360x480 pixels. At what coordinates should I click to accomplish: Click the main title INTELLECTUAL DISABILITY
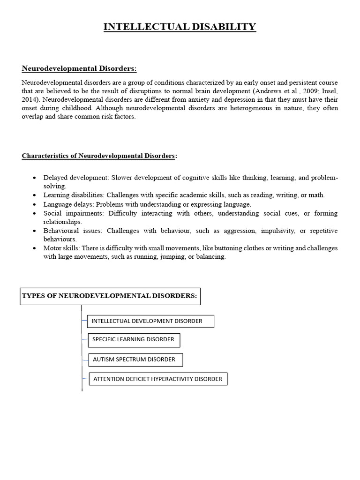click(180, 27)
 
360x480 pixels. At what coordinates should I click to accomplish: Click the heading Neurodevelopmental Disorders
click(79, 69)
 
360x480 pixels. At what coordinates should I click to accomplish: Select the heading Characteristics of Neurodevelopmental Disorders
click(99, 156)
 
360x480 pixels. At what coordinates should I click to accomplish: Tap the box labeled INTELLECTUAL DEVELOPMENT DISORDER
click(150, 321)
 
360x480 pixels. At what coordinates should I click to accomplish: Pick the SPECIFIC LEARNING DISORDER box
click(134, 339)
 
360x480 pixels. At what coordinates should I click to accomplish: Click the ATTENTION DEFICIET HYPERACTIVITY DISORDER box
click(158, 379)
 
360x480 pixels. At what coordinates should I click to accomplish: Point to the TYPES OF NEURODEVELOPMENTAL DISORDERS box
click(110, 296)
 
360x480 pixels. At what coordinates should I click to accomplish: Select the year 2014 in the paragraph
click(30, 100)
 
